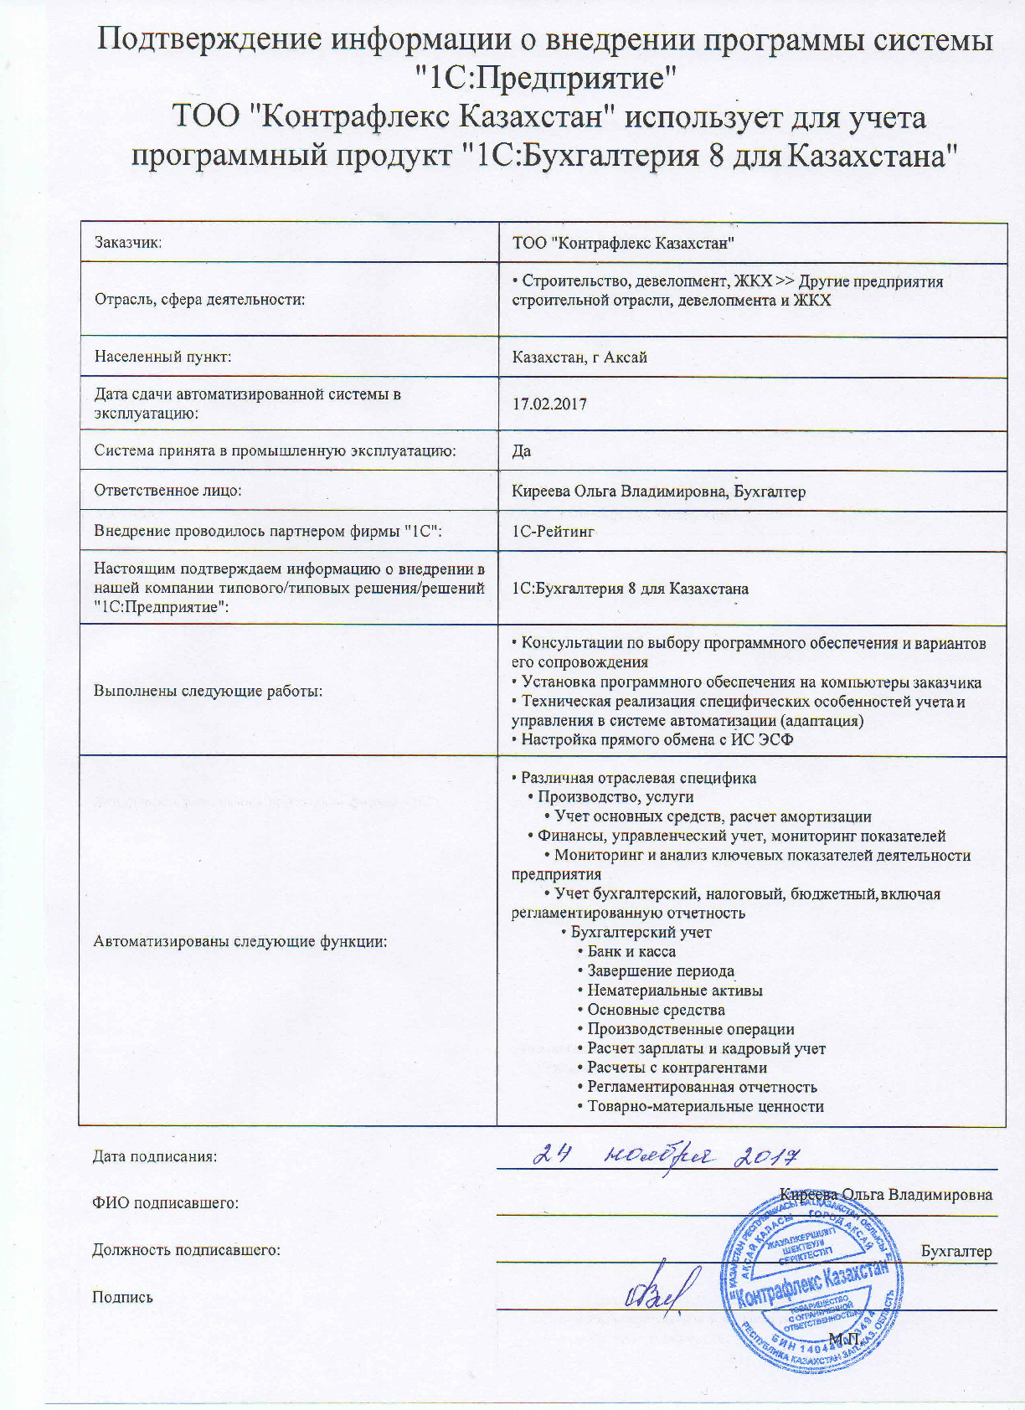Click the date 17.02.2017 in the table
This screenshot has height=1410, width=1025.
(549, 404)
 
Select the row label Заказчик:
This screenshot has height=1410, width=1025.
(127, 243)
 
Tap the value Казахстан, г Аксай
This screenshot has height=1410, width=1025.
(579, 358)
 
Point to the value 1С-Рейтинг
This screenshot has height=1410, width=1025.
(554, 531)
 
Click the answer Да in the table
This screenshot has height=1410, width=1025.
(522, 451)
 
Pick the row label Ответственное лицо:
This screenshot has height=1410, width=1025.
(167, 491)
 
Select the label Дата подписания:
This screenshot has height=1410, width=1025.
(154, 1157)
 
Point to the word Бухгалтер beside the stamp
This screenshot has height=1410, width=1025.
(956, 1252)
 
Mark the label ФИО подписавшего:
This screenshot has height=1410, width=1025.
(165, 1204)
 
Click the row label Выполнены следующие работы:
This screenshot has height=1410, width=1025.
(208, 692)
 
